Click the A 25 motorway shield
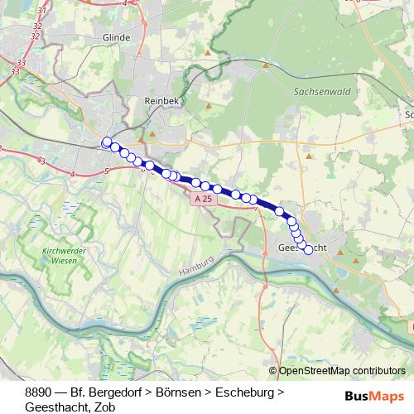(x=205, y=200)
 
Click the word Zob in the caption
(x=104, y=407)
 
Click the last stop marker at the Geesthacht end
(x=309, y=249)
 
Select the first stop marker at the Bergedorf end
(x=106, y=142)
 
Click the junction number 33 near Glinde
(x=19, y=64)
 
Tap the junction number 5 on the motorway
(x=107, y=171)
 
